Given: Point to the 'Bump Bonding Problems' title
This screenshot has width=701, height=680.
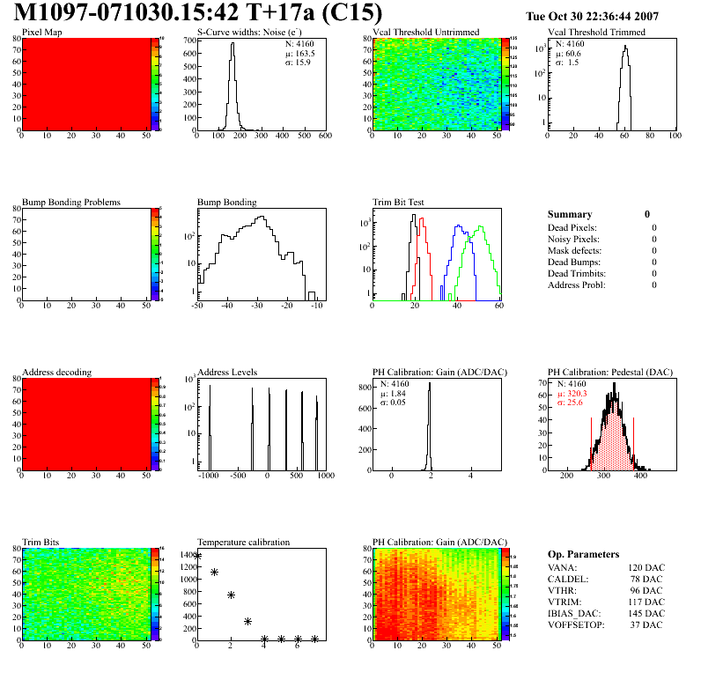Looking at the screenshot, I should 70,203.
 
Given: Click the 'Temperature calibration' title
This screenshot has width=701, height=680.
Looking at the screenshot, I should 243,543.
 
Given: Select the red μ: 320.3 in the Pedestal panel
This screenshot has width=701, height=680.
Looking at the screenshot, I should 572,394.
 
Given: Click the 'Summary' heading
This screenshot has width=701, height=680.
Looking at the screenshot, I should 570,214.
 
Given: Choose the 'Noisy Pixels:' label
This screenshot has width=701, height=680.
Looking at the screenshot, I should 573,239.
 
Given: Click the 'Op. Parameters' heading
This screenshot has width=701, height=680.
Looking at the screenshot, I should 583,554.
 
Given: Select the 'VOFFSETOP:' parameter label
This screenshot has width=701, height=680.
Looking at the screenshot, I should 577,625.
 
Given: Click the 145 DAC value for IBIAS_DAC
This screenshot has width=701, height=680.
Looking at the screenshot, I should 646,613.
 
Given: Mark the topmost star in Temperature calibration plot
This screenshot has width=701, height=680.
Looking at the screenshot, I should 197,557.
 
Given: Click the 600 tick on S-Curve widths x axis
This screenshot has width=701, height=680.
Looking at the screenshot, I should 325,137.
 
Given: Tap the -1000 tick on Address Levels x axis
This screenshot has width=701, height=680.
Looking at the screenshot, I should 208,476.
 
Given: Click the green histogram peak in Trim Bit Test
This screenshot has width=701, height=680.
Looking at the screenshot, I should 480,228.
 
